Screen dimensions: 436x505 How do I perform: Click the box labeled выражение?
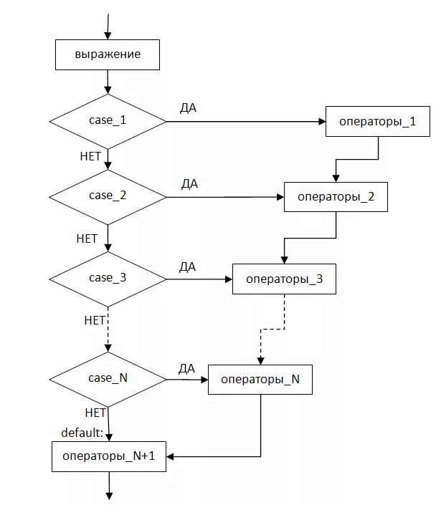pyautogui.click(x=108, y=54)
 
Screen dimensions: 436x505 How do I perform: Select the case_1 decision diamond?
pyautogui.click(x=108, y=122)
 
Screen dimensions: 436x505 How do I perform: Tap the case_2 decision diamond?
pyautogui.click(x=108, y=197)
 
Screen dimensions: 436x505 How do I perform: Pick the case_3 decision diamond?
pyautogui.click(x=108, y=279)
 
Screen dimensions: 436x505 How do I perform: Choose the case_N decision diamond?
pyautogui.click(x=108, y=380)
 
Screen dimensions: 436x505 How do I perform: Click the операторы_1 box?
pyautogui.click(x=378, y=122)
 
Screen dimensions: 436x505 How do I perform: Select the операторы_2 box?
pyautogui.click(x=336, y=197)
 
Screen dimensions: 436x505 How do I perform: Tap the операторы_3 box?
pyautogui.click(x=284, y=279)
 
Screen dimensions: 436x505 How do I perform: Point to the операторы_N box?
pyautogui.click(x=260, y=380)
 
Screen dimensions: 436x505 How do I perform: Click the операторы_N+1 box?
pyautogui.click(x=109, y=456)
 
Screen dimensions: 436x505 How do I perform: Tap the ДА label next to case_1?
pyautogui.click(x=188, y=108)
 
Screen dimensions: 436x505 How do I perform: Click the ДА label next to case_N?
pyautogui.click(x=186, y=368)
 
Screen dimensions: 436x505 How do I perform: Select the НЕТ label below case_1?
pyautogui.click(x=90, y=157)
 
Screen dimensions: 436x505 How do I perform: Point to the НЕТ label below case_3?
pyautogui.click(x=95, y=320)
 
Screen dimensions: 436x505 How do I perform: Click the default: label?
pyautogui.click(x=82, y=433)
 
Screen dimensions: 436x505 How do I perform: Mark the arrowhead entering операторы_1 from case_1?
pyautogui.click(x=322, y=122)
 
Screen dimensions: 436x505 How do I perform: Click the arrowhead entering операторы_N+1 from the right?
pyautogui.click(x=170, y=456)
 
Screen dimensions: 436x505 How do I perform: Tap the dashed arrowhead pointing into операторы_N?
pyautogui.click(x=260, y=361)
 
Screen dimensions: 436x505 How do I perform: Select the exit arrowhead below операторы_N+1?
pyautogui.click(x=109, y=496)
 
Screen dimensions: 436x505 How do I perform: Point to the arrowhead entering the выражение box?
pyautogui.click(x=108, y=36)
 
